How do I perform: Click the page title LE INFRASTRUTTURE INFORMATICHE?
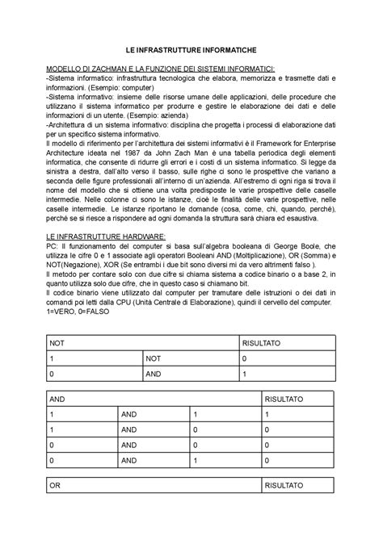(x=191, y=50)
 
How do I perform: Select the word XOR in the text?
(x=104, y=264)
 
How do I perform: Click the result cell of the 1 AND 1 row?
(x=267, y=414)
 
